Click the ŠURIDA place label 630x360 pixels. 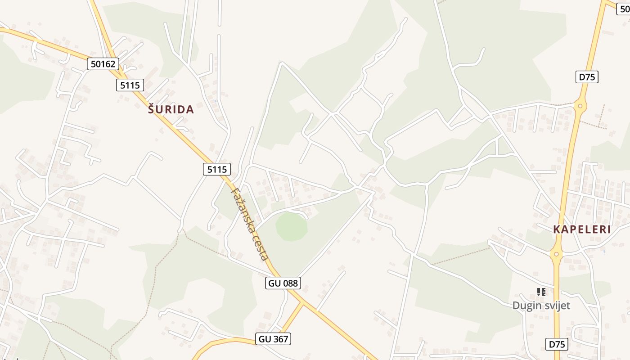(x=171, y=109)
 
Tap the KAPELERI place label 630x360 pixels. (x=582, y=229)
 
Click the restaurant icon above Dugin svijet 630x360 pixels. (x=541, y=292)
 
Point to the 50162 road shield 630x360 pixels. (x=103, y=64)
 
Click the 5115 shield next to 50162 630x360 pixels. (x=130, y=85)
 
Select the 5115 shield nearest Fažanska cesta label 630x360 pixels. (x=216, y=169)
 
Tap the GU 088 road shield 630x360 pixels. (x=283, y=283)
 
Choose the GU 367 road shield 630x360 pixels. (x=273, y=339)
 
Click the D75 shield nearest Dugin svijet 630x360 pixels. (x=557, y=344)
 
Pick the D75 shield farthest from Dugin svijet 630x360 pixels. (x=587, y=77)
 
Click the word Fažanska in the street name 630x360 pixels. (x=242, y=210)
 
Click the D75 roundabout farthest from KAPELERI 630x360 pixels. (x=580, y=107)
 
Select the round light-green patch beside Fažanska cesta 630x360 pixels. (x=292, y=226)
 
